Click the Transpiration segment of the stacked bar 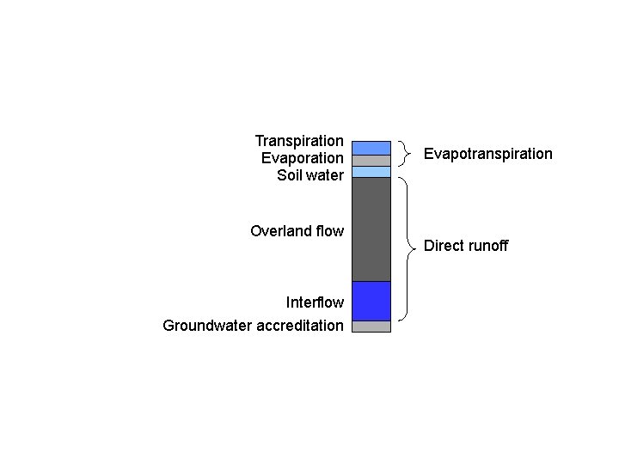pos(371,148)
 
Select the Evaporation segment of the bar pos(371,161)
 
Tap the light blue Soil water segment pos(371,172)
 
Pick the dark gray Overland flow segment pos(371,229)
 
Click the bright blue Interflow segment pos(371,301)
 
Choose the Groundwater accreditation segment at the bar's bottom pos(371,327)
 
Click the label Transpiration pos(299,140)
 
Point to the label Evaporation pos(302,158)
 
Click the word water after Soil pos(325,175)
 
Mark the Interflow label pos(315,302)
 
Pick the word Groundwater pos(206,326)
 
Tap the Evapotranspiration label pos(487,154)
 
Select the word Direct pos(444,246)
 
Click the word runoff pos(488,246)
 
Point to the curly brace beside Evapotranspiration pos(406,154)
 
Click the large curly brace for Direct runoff pos(407,247)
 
